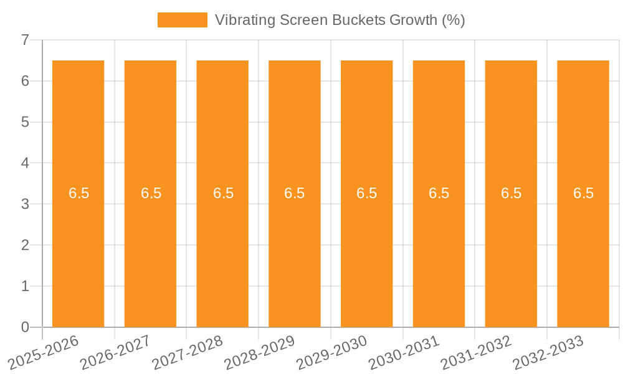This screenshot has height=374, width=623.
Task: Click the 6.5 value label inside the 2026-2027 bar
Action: click(x=151, y=193)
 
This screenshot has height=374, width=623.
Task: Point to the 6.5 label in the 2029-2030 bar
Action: click(x=367, y=193)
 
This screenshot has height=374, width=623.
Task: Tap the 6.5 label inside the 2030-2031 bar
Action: click(x=439, y=193)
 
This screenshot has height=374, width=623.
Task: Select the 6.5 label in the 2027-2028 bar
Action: click(x=223, y=193)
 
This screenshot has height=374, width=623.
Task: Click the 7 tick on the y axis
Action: click(x=25, y=40)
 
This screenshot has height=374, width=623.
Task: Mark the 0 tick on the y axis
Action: click(x=25, y=327)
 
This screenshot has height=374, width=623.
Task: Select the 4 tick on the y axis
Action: click(x=25, y=163)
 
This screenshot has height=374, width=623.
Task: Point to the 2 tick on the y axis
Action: click(x=25, y=245)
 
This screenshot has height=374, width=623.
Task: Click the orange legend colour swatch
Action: click(x=182, y=20)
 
